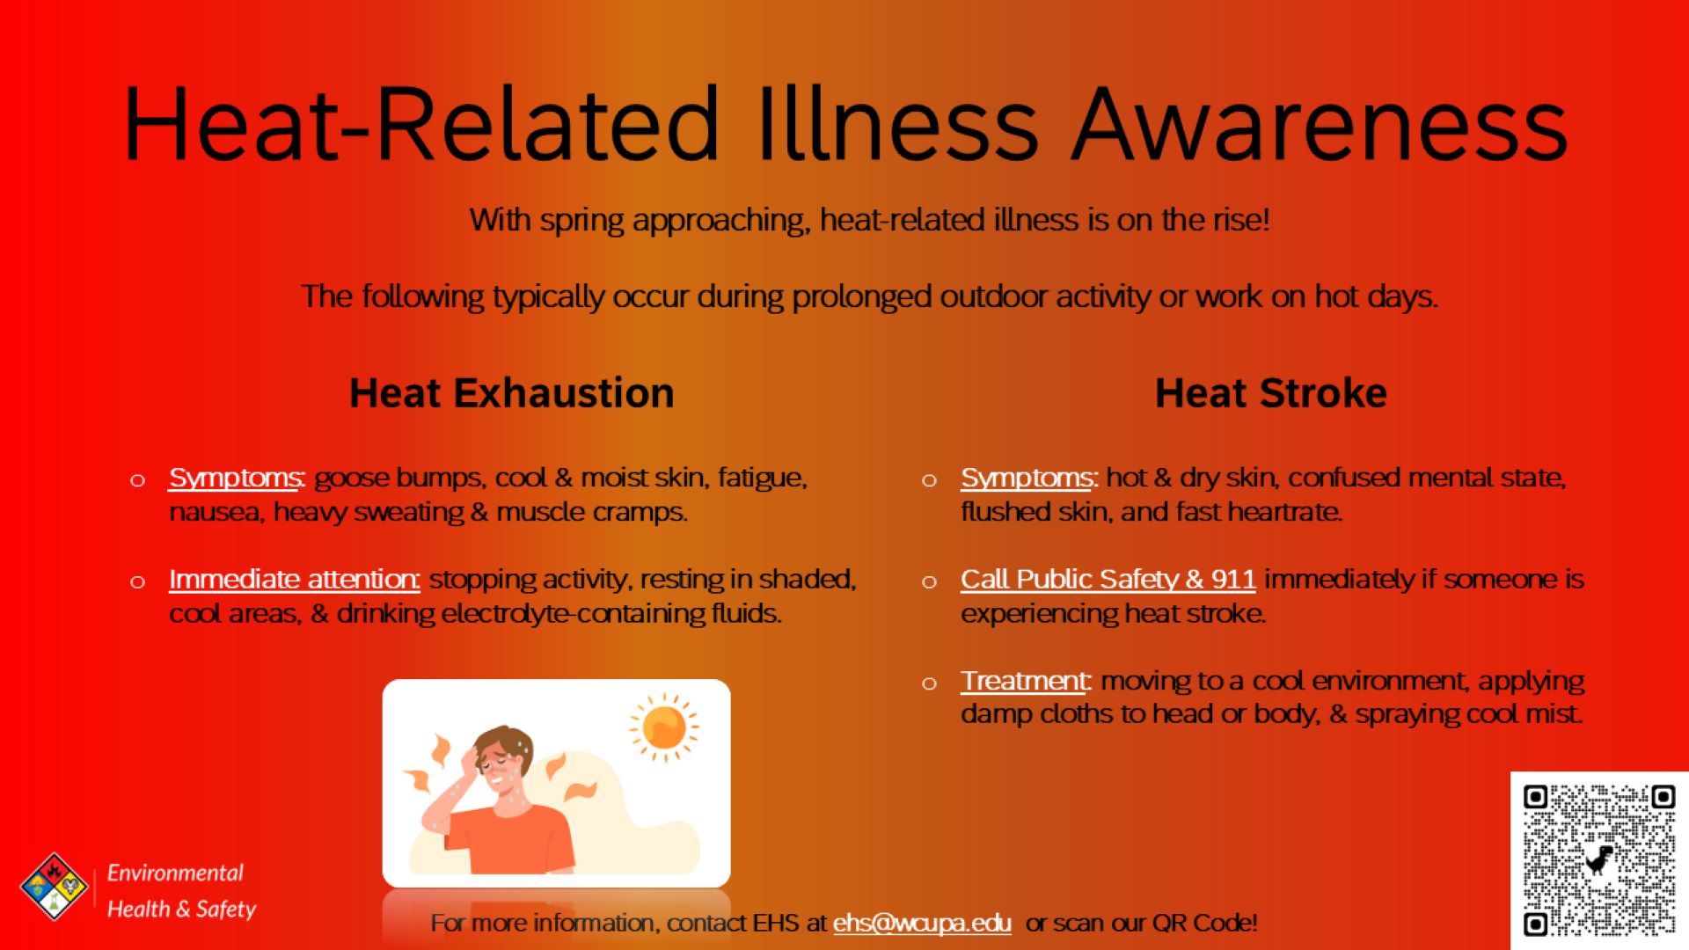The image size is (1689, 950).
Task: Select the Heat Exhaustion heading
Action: click(x=512, y=393)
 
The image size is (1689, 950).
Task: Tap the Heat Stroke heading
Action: click(x=1271, y=393)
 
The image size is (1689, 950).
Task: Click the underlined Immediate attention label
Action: click(x=294, y=580)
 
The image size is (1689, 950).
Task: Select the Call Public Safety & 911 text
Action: click(x=1108, y=580)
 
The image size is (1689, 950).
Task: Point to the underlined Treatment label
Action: click(x=1025, y=682)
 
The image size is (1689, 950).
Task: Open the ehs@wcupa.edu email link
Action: click(x=922, y=923)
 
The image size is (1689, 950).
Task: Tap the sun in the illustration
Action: click(x=664, y=727)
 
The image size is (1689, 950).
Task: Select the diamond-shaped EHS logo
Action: click(x=54, y=887)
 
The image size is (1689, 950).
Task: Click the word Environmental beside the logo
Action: click(x=175, y=873)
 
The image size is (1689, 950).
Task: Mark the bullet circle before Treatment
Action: click(x=929, y=683)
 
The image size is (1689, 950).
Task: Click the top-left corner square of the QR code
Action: click(x=1535, y=797)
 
